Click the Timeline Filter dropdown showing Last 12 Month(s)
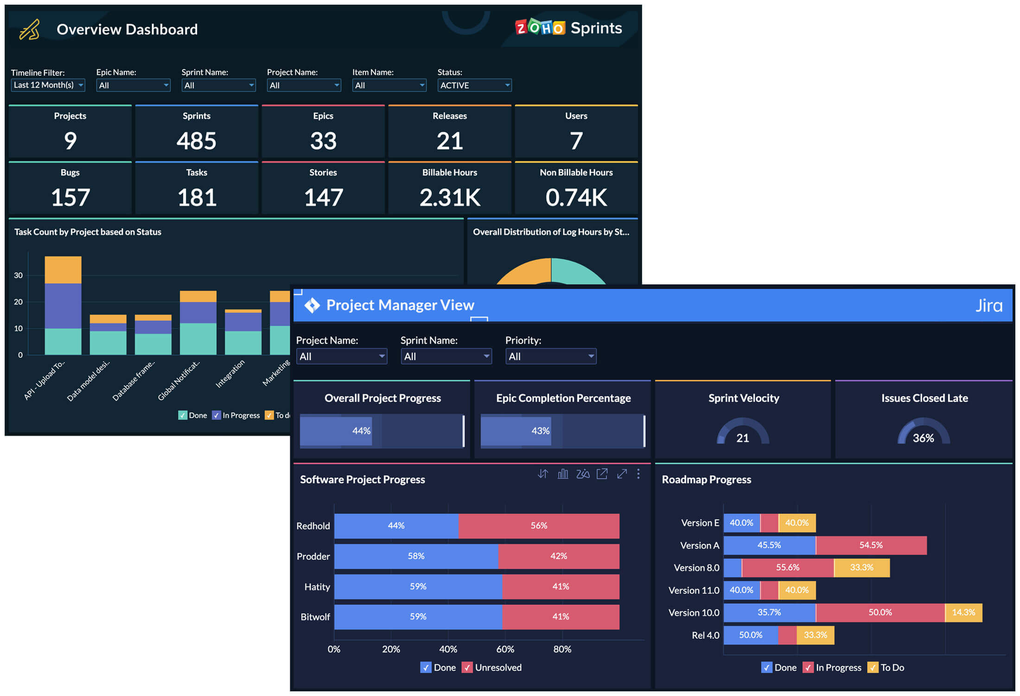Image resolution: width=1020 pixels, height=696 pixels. (48, 85)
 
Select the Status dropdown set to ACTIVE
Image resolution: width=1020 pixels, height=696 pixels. (474, 85)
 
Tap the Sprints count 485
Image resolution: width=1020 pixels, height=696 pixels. (196, 141)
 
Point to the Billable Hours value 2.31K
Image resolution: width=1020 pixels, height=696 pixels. (449, 198)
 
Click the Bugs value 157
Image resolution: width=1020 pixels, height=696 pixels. (70, 198)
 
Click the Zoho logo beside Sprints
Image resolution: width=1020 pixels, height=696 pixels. (540, 28)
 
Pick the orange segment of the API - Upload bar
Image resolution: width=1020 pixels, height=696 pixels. (63, 270)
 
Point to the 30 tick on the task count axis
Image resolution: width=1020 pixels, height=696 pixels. (18, 275)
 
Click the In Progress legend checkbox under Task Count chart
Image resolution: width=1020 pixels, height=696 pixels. (217, 415)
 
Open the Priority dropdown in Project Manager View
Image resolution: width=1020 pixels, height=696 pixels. (550, 356)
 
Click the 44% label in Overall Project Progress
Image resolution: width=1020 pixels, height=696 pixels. (361, 431)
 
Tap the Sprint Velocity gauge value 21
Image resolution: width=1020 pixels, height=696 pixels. (742, 438)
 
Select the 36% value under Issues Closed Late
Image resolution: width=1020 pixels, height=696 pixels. (923, 438)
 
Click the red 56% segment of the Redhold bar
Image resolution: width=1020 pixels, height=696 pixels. (539, 526)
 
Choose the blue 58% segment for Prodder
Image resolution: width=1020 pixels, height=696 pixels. (416, 556)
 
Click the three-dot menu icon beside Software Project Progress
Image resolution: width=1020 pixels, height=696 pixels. (638, 474)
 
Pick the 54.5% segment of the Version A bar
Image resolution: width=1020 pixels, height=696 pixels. (871, 545)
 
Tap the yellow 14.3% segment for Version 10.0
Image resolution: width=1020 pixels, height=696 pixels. (963, 612)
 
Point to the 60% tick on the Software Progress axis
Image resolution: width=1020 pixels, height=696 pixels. (505, 649)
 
